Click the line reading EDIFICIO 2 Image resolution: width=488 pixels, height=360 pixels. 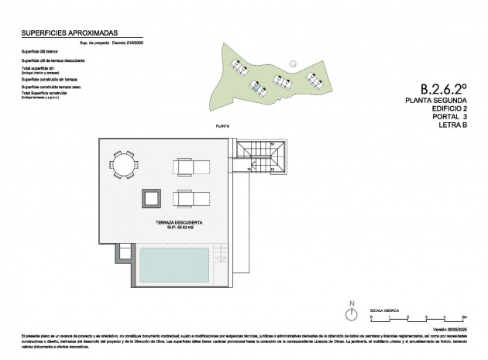pos(441,110)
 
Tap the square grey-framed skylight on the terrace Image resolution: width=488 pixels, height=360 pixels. pos(151,197)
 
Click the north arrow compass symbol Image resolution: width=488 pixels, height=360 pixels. pos(352,314)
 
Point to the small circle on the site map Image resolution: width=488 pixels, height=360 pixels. pos(292,63)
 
